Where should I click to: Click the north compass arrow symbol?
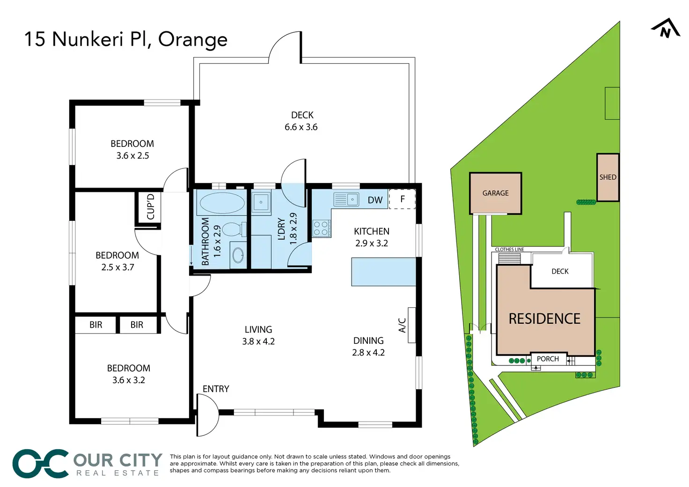[x=666, y=29]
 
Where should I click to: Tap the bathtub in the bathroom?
[x=222, y=203]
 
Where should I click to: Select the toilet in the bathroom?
[x=233, y=229]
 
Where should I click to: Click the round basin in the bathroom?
[x=238, y=255]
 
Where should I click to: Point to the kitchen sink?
[x=346, y=200]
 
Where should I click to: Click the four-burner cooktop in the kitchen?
[x=321, y=228]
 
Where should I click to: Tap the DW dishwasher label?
[x=375, y=200]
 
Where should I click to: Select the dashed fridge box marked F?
[x=402, y=199]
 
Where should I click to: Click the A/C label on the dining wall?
[x=402, y=325]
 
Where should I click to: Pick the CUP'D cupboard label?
[x=151, y=207]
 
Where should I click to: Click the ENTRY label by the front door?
[x=216, y=389]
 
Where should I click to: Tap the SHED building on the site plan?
[x=608, y=177]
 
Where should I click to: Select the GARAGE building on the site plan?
[x=495, y=193]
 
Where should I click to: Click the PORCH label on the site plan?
[x=548, y=359]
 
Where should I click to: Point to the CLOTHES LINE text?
[x=509, y=249]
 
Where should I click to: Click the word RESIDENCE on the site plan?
[x=544, y=319]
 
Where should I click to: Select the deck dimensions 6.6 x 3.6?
[x=301, y=127]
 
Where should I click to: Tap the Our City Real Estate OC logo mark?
[x=41, y=464]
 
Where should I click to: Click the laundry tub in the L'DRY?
[x=261, y=202]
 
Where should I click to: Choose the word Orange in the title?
[x=193, y=40]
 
